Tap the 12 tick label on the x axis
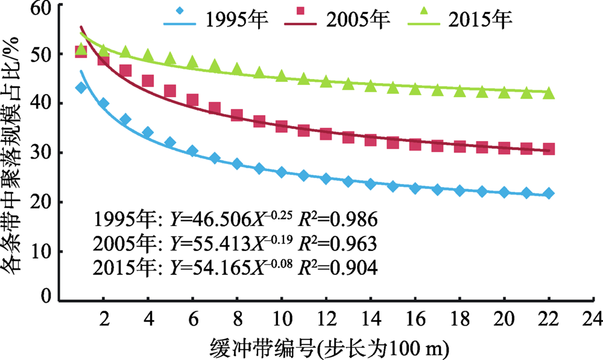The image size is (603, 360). click(326, 318)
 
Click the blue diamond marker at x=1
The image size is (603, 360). click(81, 88)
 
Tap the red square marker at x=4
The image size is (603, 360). click(148, 81)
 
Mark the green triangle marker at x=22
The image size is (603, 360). click(549, 93)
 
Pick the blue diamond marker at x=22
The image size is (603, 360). click(549, 194)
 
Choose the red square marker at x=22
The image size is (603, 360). click(549, 149)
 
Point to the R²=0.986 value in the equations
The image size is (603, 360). click(341, 218)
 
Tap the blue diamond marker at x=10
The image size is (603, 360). click(282, 172)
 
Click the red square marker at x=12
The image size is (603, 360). click(326, 133)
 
